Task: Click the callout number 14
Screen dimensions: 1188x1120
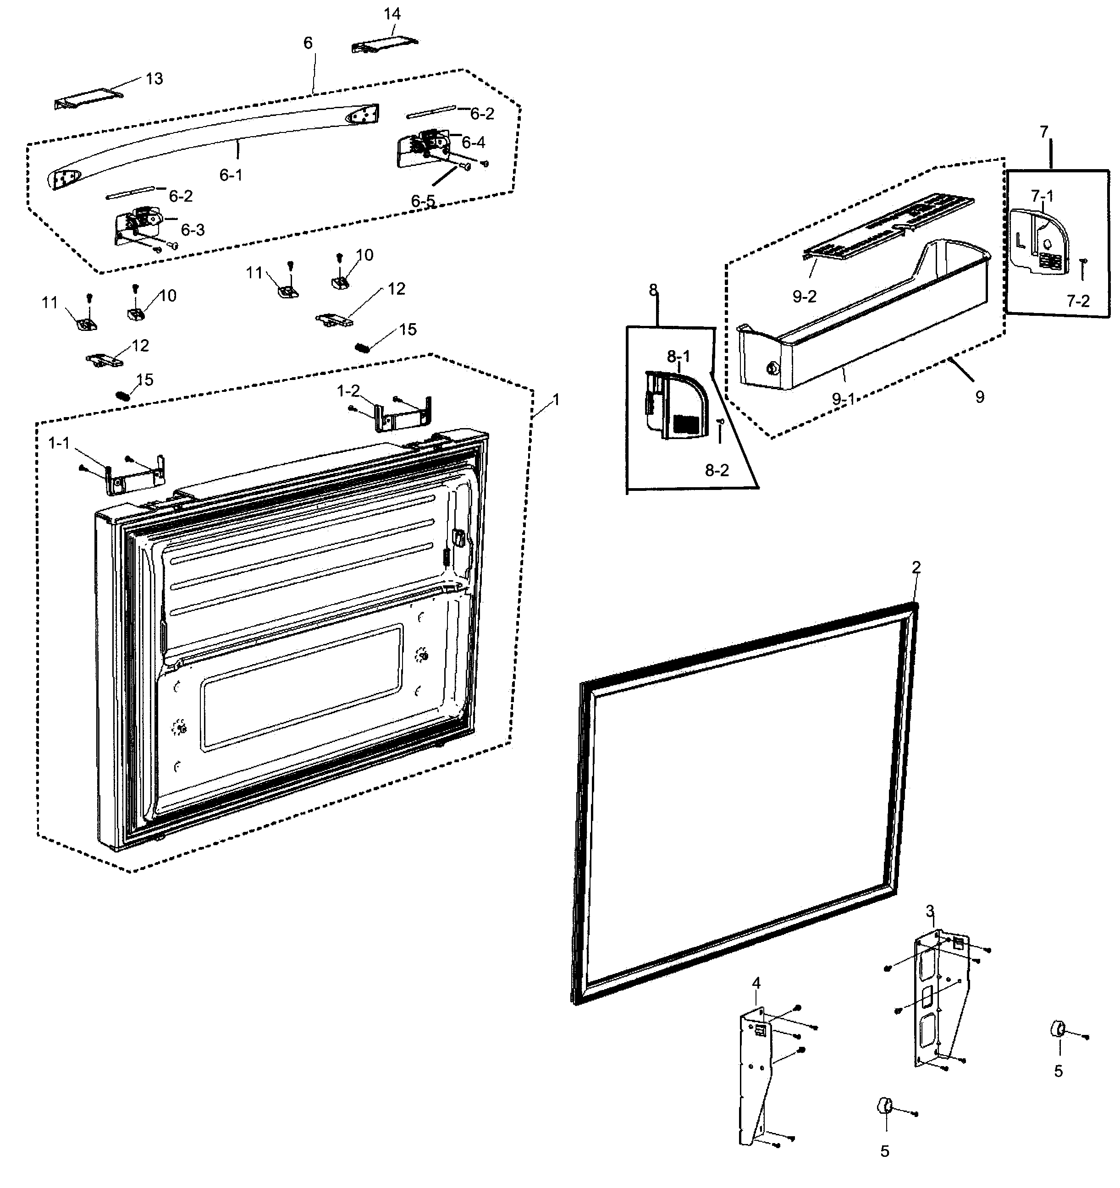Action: pos(392,14)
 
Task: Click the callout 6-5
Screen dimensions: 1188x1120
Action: pos(423,201)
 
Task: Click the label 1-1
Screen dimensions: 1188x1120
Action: pos(59,443)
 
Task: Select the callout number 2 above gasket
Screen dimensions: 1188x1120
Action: pos(916,567)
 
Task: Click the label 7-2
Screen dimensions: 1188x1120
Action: pos(1078,301)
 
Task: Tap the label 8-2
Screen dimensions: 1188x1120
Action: pos(717,470)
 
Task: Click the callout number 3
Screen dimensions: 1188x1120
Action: pos(930,911)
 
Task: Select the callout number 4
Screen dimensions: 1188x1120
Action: pos(756,983)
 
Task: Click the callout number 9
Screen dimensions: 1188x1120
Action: pos(980,397)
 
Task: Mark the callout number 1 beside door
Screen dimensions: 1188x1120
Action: pos(557,400)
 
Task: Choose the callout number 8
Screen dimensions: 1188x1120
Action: pos(653,291)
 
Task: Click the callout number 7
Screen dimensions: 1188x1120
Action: pos(1044,132)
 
